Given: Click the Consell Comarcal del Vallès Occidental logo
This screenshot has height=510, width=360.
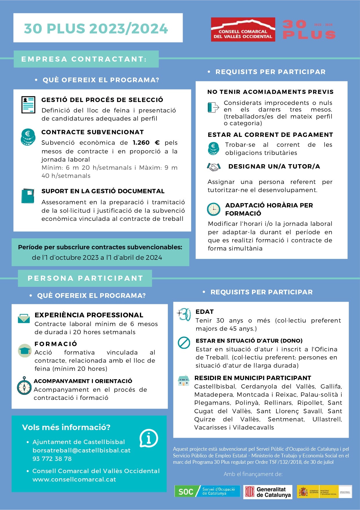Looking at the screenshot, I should (x=243, y=29).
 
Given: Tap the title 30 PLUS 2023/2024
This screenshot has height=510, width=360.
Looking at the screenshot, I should (x=96, y=28).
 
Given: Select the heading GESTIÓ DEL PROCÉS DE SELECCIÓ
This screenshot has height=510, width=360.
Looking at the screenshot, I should (x=102, y=100).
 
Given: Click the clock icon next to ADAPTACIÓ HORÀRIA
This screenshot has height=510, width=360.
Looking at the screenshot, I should (x=214, y=209).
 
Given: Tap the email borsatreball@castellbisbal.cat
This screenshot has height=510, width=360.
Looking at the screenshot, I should (x=81, y=450).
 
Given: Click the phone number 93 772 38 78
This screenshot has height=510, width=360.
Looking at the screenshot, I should (x=52, y=459).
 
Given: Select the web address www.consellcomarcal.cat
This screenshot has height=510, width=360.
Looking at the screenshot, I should (x=74, y=479).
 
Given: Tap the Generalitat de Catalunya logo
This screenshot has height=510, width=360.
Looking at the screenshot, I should (x=268, y=492).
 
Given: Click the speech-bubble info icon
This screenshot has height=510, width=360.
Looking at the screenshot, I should (x=149, y=438).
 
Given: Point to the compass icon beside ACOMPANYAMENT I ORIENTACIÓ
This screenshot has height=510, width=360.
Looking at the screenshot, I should (x=24, y=386).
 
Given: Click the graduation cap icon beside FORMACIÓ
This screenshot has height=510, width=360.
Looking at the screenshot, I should (x=24, y=350).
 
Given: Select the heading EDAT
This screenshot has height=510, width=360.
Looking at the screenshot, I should (x=204, y=312).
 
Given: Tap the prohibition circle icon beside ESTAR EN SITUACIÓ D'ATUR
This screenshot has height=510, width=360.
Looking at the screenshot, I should (x=184, y=343).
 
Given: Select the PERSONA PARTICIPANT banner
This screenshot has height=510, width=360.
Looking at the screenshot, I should (x=85, y=278).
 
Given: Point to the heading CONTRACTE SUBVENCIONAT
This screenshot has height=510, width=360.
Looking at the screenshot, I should (x=93, y=132).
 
